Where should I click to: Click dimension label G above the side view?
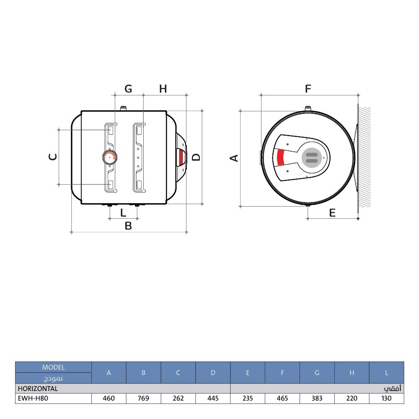click(x=128, y=89)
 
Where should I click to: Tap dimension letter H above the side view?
click(x=163, y=89)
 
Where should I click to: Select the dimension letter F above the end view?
click(x=308, y=89)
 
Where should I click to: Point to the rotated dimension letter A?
click(x=234, y=158)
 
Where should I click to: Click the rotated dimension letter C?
click(x=53, y=157)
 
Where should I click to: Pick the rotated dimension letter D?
click(x=197, y=157)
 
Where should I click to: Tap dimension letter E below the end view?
click(x=332, y=213)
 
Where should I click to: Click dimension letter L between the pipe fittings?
click(x=123, y=213)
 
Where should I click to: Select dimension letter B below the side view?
click(x=128, y=226)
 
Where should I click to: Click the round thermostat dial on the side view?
click(x=109, y=157)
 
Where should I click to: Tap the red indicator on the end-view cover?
click(x=281, y=158)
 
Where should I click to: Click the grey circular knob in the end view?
click(x=312, y=158)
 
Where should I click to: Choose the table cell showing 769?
click(x=143, y=398)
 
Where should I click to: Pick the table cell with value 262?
click(x=178, y=398)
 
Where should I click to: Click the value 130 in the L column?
click(x=386, y=398)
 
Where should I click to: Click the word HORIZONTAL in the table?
click(x=38, y=388)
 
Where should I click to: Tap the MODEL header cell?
click(x=54, y=367)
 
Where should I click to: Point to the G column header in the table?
click(x=317, y=372)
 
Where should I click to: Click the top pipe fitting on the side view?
click(x=124, y=109)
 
